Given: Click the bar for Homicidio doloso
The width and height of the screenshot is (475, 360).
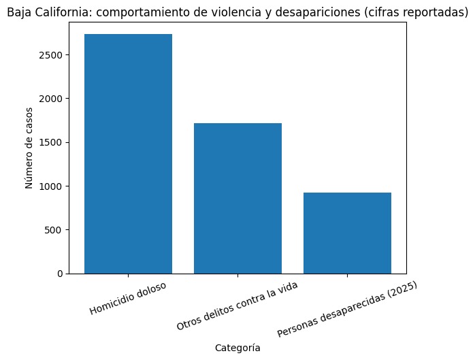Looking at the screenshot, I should tap(128, 154).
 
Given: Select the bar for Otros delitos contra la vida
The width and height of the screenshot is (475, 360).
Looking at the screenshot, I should tap(237, 198).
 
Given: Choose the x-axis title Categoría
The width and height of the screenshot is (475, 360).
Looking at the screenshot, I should tap(237, 348).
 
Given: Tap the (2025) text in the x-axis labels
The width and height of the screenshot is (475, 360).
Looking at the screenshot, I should tap(399, 289).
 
